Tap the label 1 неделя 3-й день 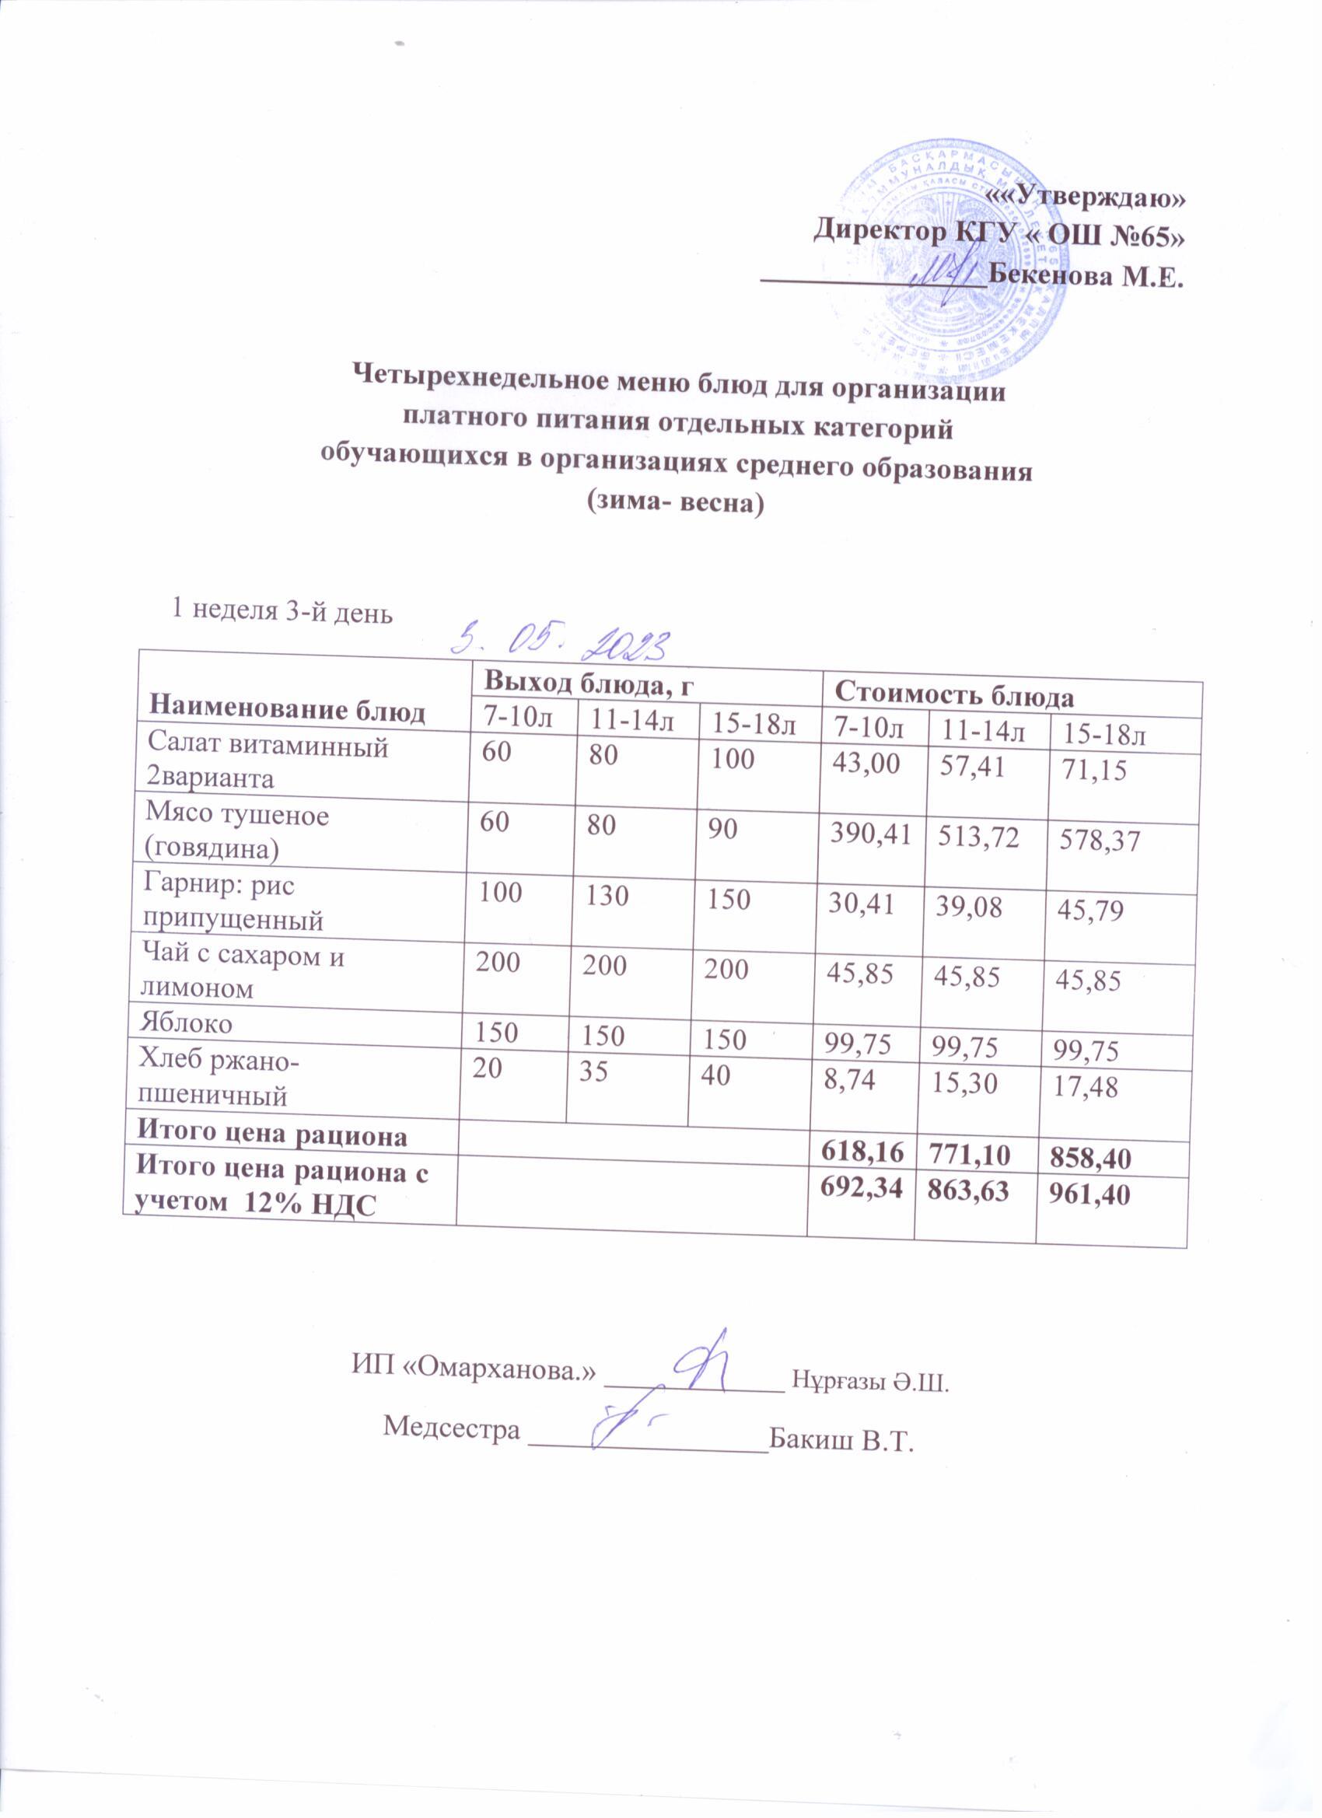tap(282, 613)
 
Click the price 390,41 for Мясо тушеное tap(873, 835)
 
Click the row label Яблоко tap(186, 1023)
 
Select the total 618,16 tap(861, 1152)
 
